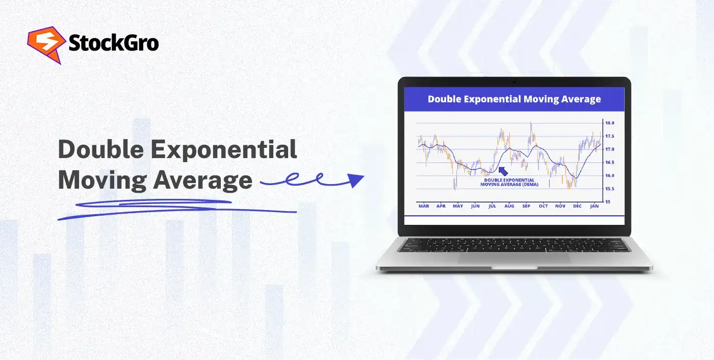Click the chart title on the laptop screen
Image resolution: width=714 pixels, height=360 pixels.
[x=514, y=99]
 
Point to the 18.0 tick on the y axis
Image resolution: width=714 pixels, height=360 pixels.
[x=609, y=123]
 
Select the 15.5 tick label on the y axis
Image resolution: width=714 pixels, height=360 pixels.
[x=609, y=189]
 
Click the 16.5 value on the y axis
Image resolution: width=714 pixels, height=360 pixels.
[x=609, y=163]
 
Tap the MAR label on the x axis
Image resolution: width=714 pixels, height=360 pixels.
[x=424, y=206]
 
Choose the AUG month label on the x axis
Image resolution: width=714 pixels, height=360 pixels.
[x=509, y=206]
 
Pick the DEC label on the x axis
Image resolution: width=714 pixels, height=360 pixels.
[x=577, y=206]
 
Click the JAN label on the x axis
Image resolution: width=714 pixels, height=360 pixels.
[x=594, y=206]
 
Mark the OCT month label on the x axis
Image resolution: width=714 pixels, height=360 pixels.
[x=543, y=206]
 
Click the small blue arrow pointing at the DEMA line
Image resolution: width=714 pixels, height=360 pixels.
[x=503, y=171]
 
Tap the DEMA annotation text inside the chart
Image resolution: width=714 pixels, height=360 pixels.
[x=508, y=183]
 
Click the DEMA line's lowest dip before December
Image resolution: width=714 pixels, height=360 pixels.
[x=575, y=177]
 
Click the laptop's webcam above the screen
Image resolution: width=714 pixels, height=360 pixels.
[x=514, y=83]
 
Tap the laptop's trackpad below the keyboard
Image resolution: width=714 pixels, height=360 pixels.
[x=514, y=259]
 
